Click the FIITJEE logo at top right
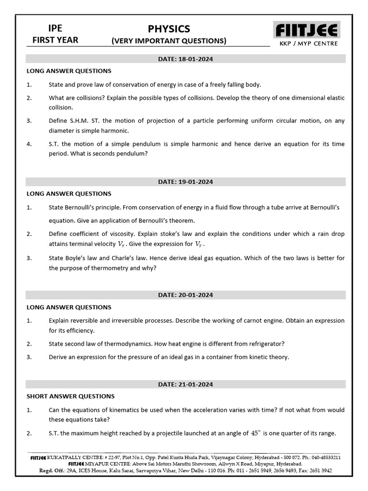[307, 30]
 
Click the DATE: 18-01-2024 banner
[185, 59]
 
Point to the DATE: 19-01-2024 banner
[185, 182]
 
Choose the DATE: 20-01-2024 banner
[185, 295]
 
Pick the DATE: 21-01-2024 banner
[185, 385]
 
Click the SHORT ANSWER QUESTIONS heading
[70, 397]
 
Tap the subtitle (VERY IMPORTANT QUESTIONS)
[169, 41]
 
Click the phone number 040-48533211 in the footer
[322, 458]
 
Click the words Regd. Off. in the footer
[50, 470]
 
